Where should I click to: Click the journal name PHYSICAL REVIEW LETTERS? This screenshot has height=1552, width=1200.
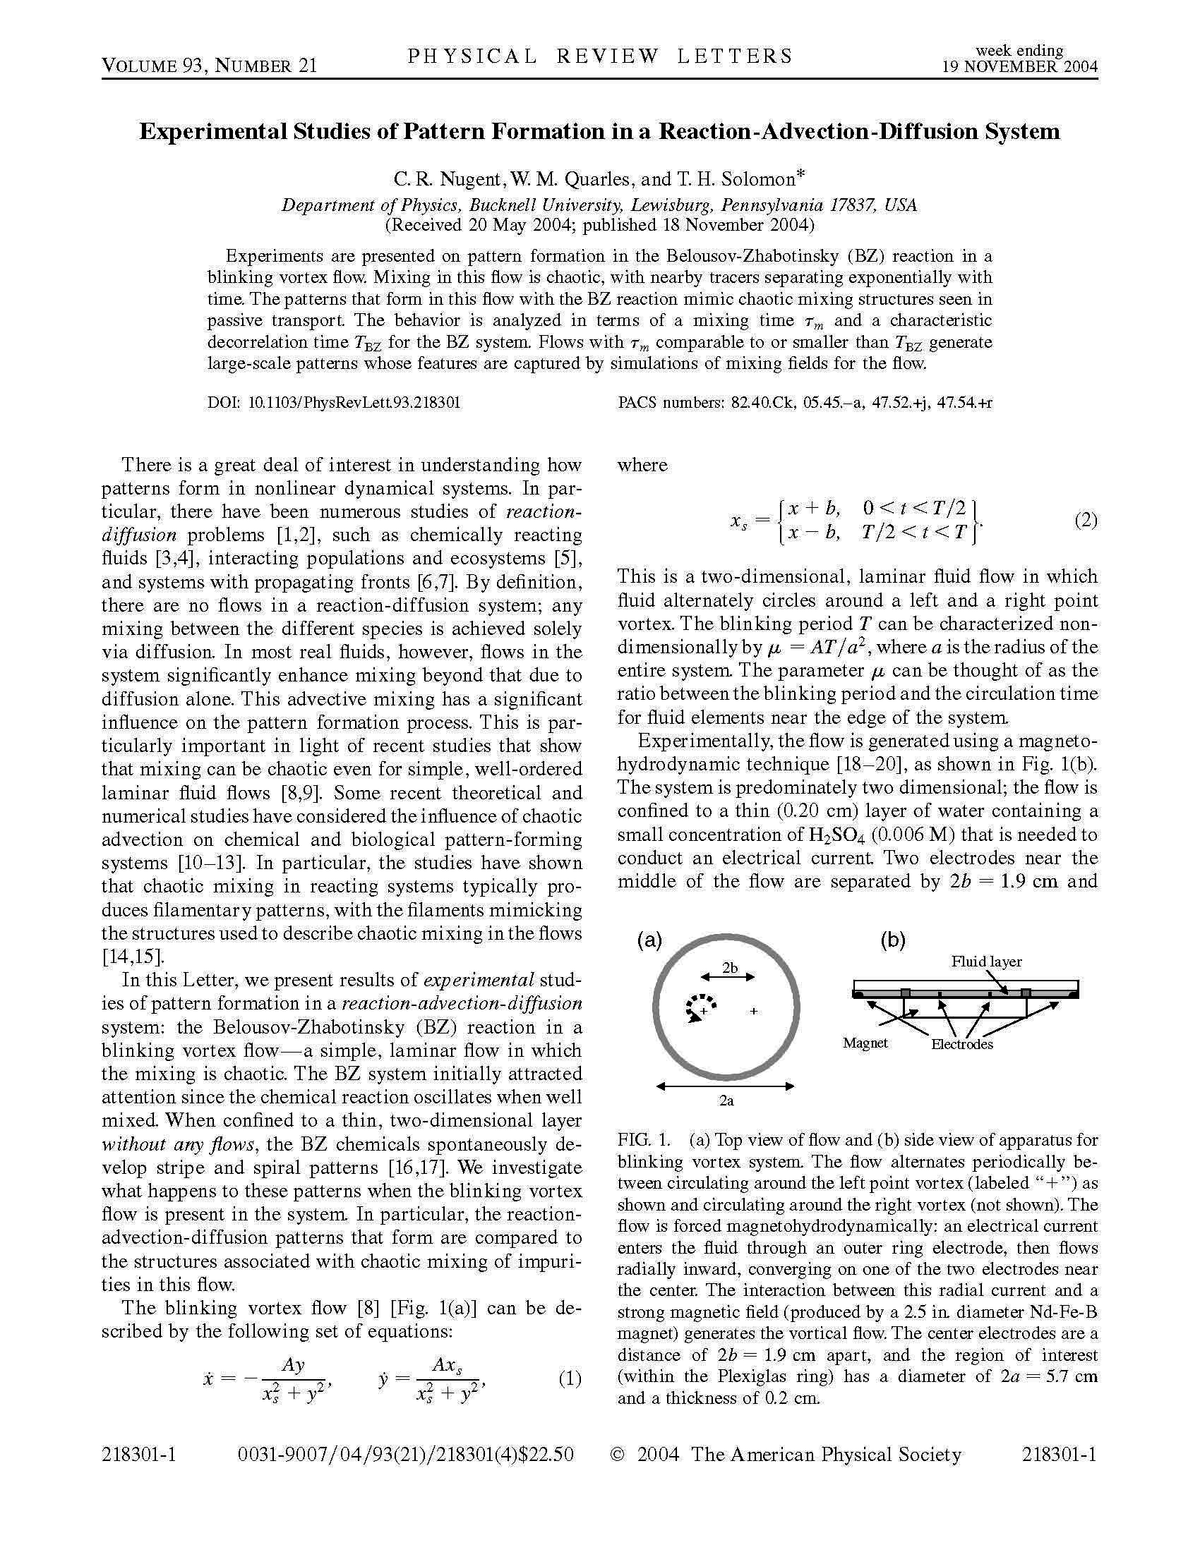pyautogui.click(x=599, y=57)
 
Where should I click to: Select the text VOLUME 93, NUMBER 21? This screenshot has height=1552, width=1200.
pyautogui.click(x=209, y=66)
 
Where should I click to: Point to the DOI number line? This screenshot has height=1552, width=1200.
pyautogui.click(x=334, y=403)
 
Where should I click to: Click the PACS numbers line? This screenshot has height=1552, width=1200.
pyautogui.click(x=805, y=403)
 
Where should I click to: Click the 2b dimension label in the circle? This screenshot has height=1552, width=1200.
pyautogui.click(x=730, y=967)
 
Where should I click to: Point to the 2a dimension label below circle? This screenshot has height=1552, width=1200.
pyautogui.click(x=726, y=1101)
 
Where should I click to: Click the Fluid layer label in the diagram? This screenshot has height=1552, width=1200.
pyautogui.click(x=987, y=962)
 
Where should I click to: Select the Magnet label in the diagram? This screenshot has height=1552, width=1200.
pyautogui.click(x=865, y=1043)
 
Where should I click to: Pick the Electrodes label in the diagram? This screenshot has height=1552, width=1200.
pyautogui.click(x=962, y=1044)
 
